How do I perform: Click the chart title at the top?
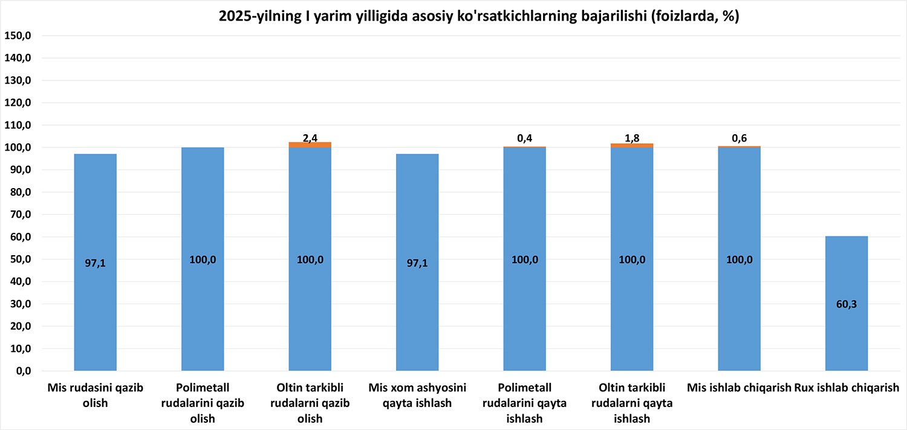point(479,16)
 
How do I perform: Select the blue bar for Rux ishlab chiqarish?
point(846,272)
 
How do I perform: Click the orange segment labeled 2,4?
point(310,145)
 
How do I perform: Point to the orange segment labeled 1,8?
point(632,146)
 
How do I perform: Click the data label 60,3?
point(846,304)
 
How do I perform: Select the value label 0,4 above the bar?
point(525,138)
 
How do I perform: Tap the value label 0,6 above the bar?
point(739,138)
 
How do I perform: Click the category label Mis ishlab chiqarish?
point(739,388)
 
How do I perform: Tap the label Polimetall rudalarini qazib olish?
point(203,403)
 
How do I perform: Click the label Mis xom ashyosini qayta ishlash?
point(417,396)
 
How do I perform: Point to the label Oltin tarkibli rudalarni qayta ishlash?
point(632,403)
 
